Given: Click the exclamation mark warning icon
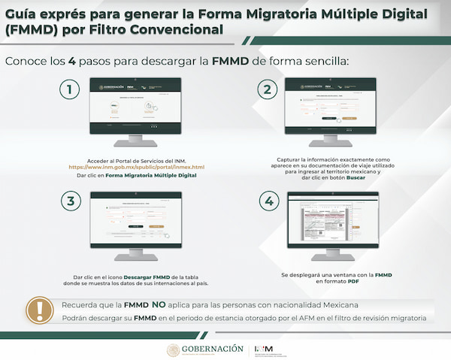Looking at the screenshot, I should point(35,310).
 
